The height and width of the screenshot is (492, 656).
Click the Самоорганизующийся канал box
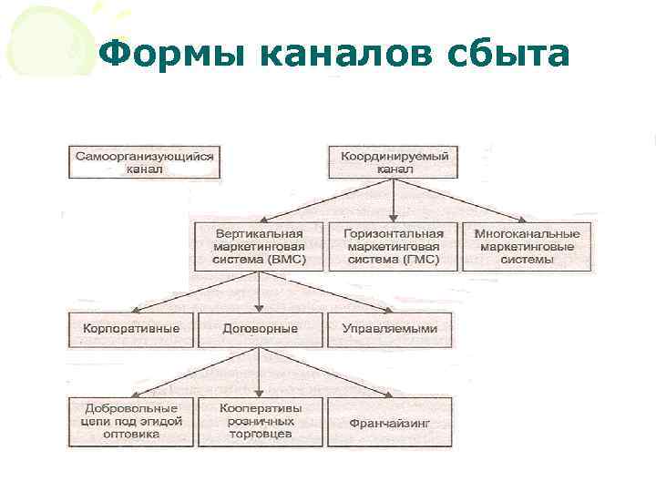145,162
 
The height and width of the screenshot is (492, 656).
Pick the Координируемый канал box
395,162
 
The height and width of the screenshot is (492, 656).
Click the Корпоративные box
131,329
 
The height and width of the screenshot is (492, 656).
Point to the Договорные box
259,329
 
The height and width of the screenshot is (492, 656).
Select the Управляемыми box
389,329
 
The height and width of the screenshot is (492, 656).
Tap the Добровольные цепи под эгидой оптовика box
131,421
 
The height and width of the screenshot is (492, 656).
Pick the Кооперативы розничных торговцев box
260,421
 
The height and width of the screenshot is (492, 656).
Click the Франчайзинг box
389,422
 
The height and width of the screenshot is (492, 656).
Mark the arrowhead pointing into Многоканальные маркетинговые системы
521,218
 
